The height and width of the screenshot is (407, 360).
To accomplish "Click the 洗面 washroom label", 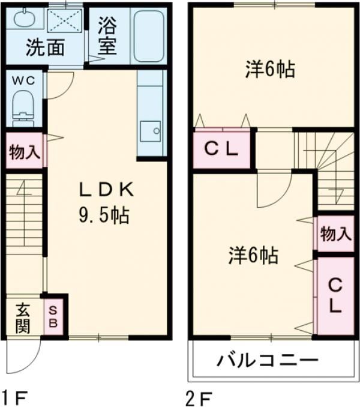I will point(45,48).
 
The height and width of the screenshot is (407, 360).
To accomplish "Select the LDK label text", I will point(107,190).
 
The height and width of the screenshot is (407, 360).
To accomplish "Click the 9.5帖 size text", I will point(105,215).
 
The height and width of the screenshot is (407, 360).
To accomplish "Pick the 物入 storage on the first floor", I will point(25,152).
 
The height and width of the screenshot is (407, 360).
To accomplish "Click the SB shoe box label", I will point(53,317).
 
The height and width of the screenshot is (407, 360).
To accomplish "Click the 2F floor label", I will point(199,396).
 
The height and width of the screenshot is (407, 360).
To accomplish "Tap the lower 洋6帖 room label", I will point(252,256).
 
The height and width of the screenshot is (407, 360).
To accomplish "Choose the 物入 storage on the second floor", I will point(335,233).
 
